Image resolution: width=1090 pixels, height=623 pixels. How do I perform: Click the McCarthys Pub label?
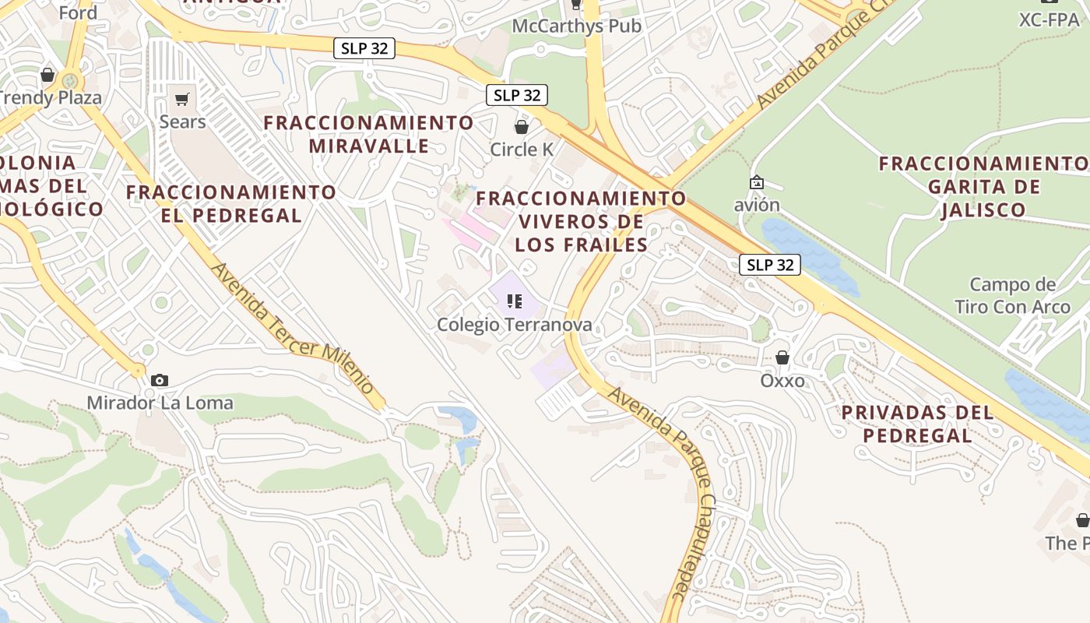tap(576, 26)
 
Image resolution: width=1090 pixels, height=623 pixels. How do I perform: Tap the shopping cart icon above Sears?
tap(182, 99)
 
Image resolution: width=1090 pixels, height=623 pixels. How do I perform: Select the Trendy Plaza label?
tap(51, 97)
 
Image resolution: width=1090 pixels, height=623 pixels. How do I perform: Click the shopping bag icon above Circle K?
tap(522, 126)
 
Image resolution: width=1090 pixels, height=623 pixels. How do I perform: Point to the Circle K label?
tap(522, 149)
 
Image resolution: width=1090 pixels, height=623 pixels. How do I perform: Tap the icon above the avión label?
tap(756, 182)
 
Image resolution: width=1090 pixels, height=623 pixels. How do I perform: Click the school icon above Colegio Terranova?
tap(514, 301)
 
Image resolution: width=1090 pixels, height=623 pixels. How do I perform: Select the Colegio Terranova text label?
tap(514, 324)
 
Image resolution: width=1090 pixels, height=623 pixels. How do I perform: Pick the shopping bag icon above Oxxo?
tap(782, 357)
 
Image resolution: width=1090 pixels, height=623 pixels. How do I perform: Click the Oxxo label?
tap(782, 381)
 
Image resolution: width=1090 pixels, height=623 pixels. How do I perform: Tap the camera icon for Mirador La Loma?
tap(160, 380)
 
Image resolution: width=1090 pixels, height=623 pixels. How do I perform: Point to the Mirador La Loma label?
tap(160, 403)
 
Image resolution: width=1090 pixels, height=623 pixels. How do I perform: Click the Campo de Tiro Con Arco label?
tap(1012, 296)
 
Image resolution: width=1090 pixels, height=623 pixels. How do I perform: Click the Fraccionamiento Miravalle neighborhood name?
tap(368, 134)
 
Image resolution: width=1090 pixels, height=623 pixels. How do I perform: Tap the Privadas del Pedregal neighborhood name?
tap(918, 424)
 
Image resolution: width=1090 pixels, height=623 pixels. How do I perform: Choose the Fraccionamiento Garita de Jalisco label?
tap(984, 187)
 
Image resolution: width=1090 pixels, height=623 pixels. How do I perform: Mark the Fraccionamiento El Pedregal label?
tap(231, 203)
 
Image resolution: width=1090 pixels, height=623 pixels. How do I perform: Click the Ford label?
tap(78, 12)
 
